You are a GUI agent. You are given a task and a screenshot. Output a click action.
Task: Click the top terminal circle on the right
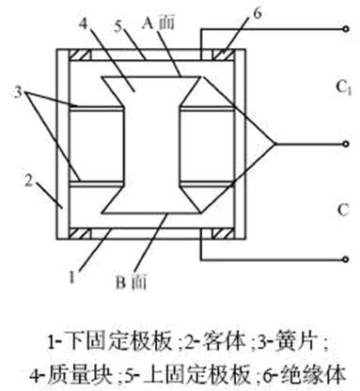[x=346, y=29]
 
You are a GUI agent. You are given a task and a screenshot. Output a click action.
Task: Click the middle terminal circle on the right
[x=346, y=144]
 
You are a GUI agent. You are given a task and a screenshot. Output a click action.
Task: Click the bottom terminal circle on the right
[x=346, y=259]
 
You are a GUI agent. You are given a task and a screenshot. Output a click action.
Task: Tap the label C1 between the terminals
[x=344, y=87]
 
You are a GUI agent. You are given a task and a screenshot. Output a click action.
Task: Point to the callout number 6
[x=257, y=13]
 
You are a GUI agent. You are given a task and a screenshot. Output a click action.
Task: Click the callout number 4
[x=83, y=23]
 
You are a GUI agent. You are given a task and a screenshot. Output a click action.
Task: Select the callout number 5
[x=118, y=26]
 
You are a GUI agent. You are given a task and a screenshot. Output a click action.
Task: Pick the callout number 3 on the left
[x=19, y=92]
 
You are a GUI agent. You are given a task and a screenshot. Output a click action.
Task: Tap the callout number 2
[x=29, y=181]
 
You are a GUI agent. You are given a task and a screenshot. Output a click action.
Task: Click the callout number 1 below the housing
[x=72, y=277]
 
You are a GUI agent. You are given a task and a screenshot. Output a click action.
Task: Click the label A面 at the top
[x=158, y=23]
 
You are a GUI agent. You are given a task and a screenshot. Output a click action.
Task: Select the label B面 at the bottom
[x=131, y=282]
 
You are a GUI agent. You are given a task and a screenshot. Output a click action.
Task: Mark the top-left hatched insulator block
[x=80, y=55]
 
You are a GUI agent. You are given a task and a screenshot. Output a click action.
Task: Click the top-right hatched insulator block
[x=223, y=55]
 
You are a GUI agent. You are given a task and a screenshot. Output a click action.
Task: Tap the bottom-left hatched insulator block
[x=80, y=234]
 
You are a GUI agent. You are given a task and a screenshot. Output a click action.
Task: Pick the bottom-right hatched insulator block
[x=223, y=234]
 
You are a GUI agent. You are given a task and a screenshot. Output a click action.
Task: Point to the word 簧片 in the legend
[x=295, y=341]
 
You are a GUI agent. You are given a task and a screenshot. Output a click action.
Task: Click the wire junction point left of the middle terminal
[x=275, y=144]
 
